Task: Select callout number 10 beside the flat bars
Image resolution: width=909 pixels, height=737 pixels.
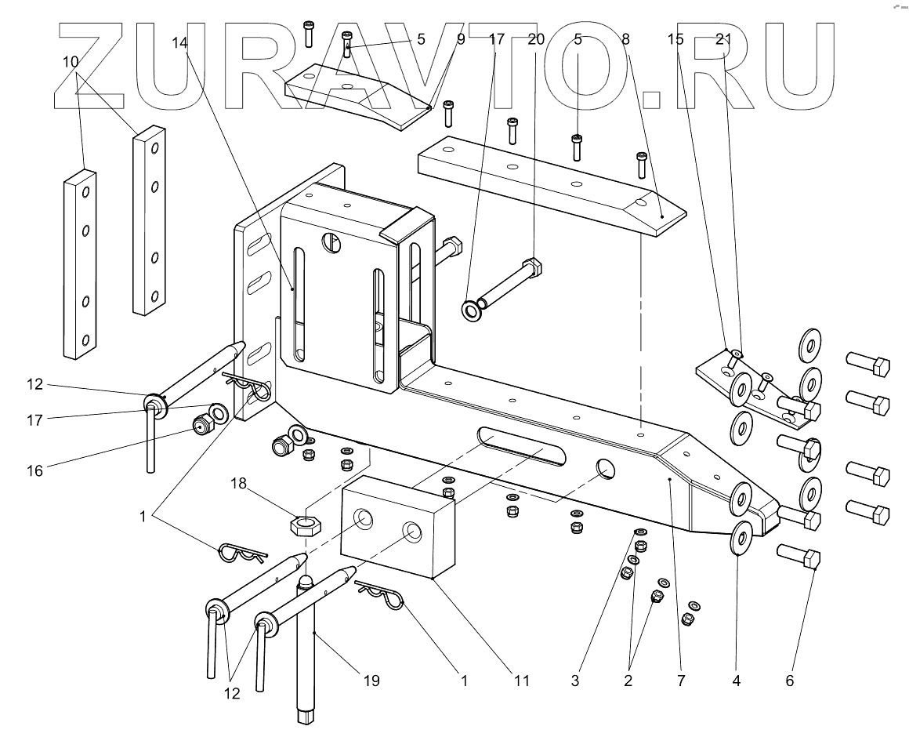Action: click(x=71, y=60)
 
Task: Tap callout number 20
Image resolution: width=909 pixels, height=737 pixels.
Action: click(x=536, y=39)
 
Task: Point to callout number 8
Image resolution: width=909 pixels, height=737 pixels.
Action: click(x=625, y=39)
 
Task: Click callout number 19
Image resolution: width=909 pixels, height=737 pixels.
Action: click(x=371, y=681)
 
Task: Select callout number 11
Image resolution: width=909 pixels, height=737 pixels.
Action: click(x=521, y=681)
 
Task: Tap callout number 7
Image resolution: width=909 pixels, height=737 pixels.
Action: click(x=681, y=681)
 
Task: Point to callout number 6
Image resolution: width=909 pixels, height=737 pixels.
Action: click(x=789, y=681)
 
